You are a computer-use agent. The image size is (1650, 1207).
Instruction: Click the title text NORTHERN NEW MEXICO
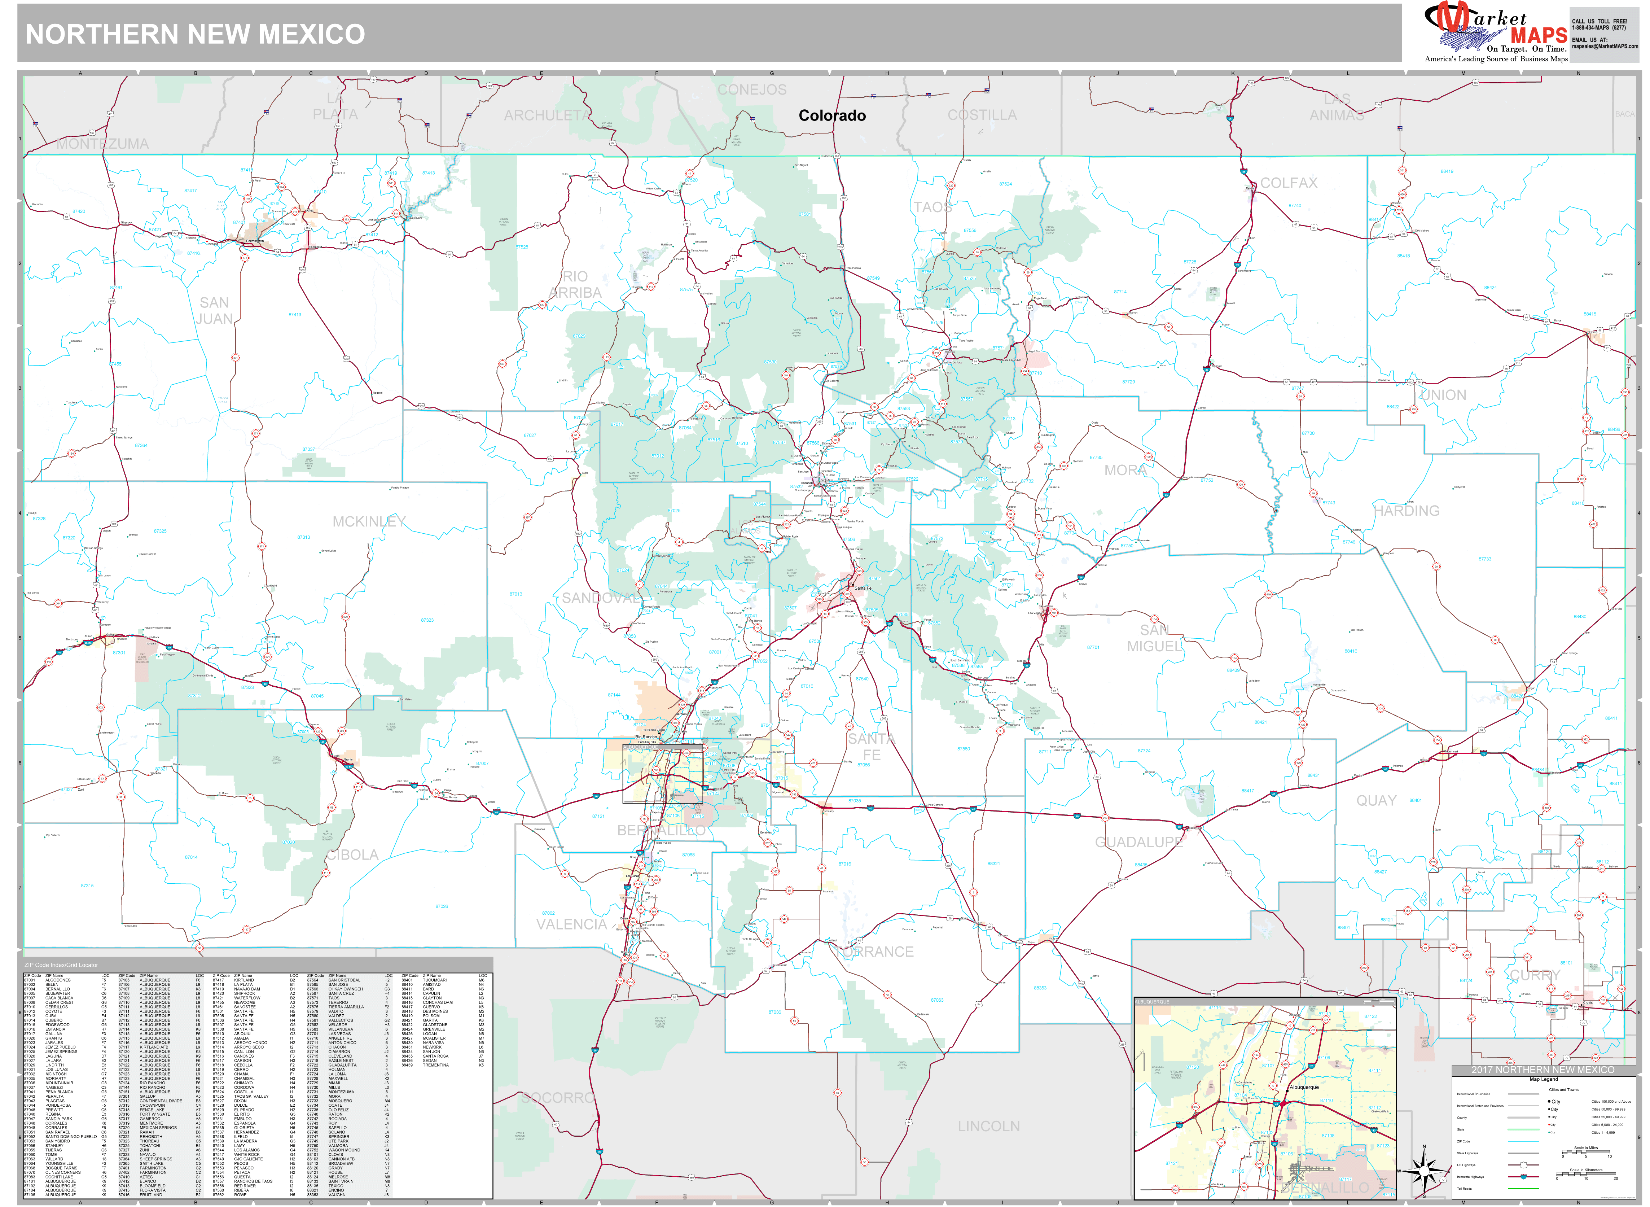pos(195,34)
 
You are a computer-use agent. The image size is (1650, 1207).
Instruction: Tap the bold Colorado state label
pos(832,115)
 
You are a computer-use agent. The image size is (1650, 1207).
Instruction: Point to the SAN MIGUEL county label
pos(1154,638)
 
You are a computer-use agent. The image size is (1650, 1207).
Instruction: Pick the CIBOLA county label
pos(353,855)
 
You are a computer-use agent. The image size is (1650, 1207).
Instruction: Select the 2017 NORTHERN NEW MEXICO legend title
pos(1543,1070)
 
